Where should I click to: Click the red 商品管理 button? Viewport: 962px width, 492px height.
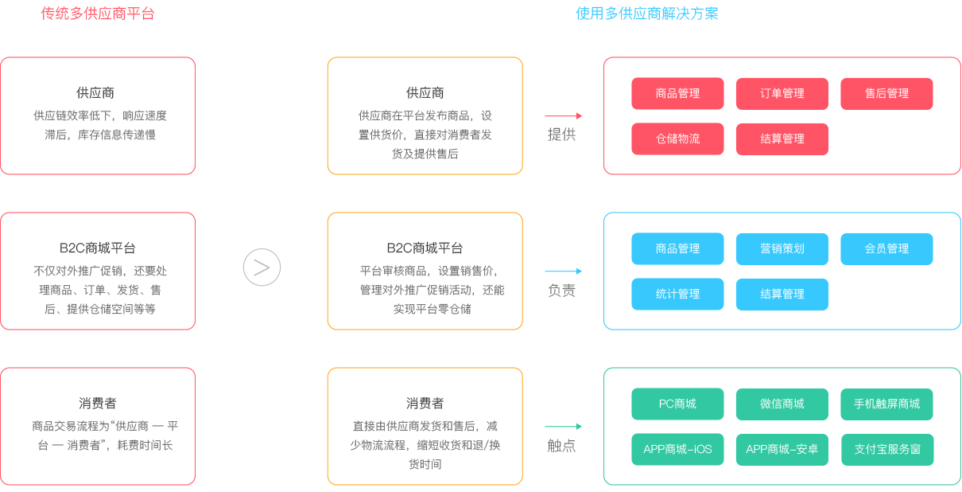[x=677, y=93]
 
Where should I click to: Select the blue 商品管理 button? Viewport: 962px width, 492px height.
[x=677, y=248]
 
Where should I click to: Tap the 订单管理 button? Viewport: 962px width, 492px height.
[x=782, y=93]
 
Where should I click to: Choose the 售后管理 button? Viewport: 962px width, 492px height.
[x=886, y=93]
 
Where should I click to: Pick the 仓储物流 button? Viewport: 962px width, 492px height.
[x=677, y=139]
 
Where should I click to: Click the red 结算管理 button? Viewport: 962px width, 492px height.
[x=782, y=139]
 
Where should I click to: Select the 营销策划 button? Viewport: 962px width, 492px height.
[x=782, y=248]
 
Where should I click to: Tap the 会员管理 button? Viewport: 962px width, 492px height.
[x=886, y=248]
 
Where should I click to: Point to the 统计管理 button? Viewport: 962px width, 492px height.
[x=677, y=294]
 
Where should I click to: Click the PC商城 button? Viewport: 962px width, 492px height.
[x=677, y=404]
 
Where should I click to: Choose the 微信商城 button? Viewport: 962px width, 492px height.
[x=782, y=404]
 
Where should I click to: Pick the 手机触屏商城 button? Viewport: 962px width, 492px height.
[x=886, y=404]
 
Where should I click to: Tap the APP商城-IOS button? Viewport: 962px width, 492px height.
[x=677, y=449]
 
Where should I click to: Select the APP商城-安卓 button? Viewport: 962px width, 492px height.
[x=782, y=449]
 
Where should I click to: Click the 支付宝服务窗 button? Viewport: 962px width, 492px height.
[x=886, y=449]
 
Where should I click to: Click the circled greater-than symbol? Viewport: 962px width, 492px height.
[x=262, y=267]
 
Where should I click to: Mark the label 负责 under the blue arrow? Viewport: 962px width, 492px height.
[x=561, y=291]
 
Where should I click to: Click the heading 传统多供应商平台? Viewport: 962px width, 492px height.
[x=98, y=14]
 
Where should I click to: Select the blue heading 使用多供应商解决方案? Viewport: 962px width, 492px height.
[x=646, y=14]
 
